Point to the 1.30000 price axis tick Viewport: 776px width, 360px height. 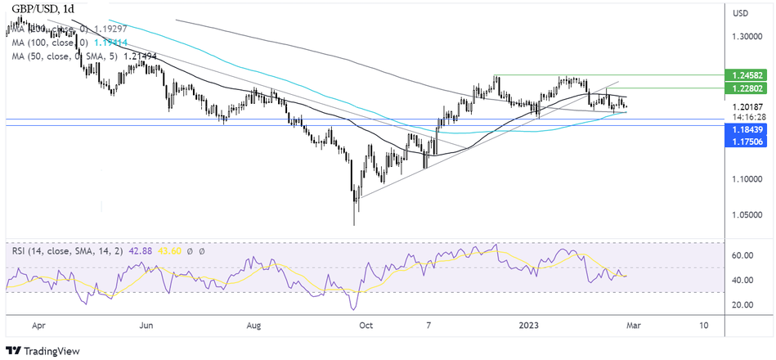pos(747,37)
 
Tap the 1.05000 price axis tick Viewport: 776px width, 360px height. pos(747,215)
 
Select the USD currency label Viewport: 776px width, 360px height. pos(741,13)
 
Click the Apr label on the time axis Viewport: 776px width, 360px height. pos(38,325)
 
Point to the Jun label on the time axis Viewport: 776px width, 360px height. pos(146,325)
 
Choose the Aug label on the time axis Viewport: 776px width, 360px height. pos(253,325)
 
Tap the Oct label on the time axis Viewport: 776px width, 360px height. pos(366,325)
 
